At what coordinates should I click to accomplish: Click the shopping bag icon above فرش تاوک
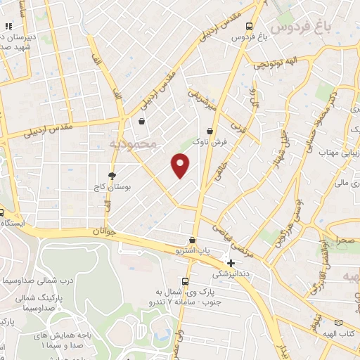tap(210, 131)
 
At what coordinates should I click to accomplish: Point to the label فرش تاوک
tap(212, 143)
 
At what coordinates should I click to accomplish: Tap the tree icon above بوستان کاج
tap(111, 176)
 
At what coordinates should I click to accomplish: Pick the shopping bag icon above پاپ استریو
tap(193, 240)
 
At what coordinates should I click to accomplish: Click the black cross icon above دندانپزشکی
tap(231, 263)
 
